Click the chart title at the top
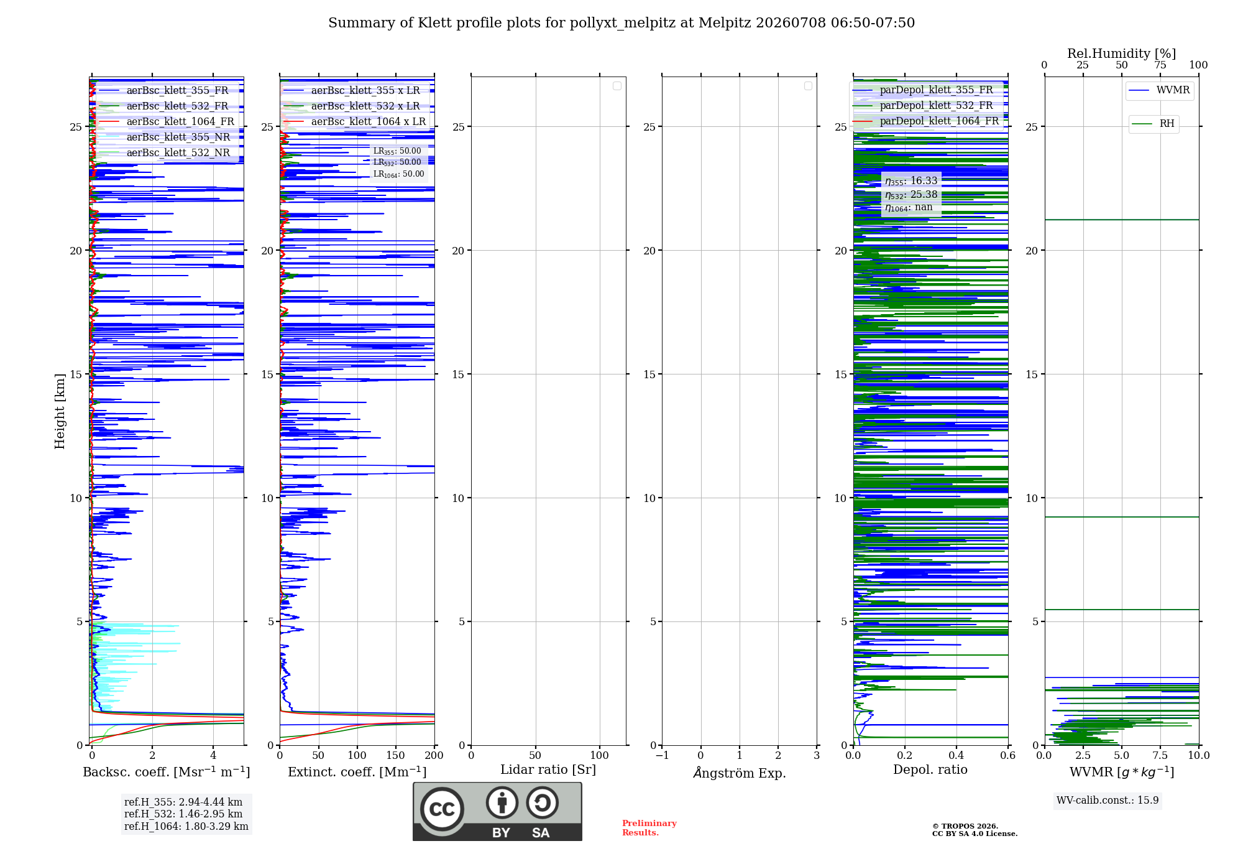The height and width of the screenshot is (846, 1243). click(621, 23)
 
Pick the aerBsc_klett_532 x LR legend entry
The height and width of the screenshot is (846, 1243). click(352, 106)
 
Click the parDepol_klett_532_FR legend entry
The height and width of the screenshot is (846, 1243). click(924, 105)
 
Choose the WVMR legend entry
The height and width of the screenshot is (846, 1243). click(1160, 90)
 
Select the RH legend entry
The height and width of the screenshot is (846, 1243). click(1154, 124)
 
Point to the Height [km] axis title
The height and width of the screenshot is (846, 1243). click(60, 411)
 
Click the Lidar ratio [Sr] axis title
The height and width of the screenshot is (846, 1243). click(548, 769)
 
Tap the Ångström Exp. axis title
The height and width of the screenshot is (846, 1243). click(740, 773)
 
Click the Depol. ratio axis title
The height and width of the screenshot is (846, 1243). click(930, 769)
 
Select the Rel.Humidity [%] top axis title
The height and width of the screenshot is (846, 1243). click(1122, 53)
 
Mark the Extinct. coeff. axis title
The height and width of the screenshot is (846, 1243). click(357, 772)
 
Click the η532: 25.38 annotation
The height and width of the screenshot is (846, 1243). click(911, 195)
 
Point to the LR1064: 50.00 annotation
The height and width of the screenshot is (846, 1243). click(398, 174)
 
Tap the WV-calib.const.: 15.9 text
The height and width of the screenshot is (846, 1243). click(1108, 800)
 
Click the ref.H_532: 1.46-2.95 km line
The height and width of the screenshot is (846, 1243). click(183, 814)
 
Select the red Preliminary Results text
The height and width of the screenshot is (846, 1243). click(649, 828)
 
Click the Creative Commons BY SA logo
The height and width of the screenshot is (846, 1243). click(497, 811)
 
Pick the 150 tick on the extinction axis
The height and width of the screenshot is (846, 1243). click(396, 755)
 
